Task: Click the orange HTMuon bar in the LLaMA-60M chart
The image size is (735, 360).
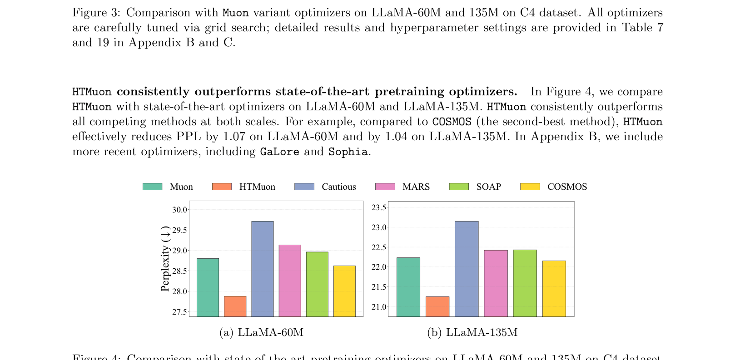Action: (235, 306)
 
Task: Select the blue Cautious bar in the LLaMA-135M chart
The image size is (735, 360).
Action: (467, 269)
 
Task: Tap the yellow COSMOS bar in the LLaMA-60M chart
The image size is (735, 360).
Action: (344, 291)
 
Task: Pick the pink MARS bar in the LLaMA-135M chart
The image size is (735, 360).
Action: (496, 283)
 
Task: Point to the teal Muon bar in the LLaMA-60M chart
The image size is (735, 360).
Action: (208, 287)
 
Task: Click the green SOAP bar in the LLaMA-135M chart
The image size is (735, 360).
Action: (525, 283)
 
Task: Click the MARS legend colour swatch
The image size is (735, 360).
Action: (385, 187)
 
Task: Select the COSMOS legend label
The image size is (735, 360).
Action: (567, 187)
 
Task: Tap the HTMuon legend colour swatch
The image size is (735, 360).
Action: (222, 187)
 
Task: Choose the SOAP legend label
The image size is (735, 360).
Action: (488, 187)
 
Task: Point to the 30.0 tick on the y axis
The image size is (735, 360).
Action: (180, 210)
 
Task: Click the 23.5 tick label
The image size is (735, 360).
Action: (379, 208)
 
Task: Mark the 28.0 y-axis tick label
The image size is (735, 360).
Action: (180, 291)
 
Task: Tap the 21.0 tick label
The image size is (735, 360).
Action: (379, 307)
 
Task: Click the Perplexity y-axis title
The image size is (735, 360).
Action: (165, 258)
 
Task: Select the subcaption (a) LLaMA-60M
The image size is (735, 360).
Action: (261, 332)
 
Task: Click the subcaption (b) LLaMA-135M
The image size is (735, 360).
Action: (472, 332)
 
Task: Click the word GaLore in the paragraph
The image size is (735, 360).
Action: (279, 152)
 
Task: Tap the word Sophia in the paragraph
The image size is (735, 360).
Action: (348, 152)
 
